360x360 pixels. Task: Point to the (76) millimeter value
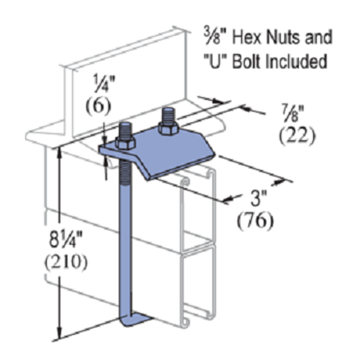pos(257,219)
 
